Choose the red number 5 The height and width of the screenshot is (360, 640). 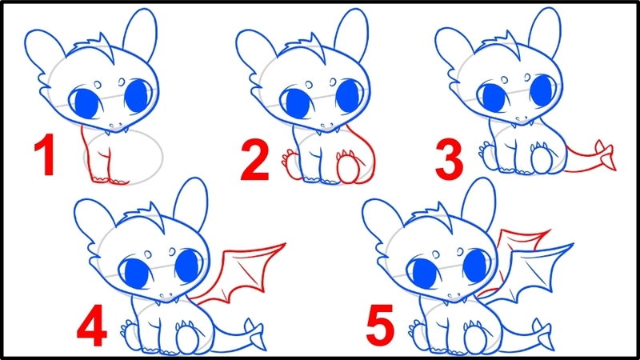point(382,326)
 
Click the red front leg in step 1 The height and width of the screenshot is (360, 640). point(99,160)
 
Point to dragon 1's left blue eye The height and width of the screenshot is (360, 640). point(84,102)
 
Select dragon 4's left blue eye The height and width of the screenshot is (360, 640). point(132,270)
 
